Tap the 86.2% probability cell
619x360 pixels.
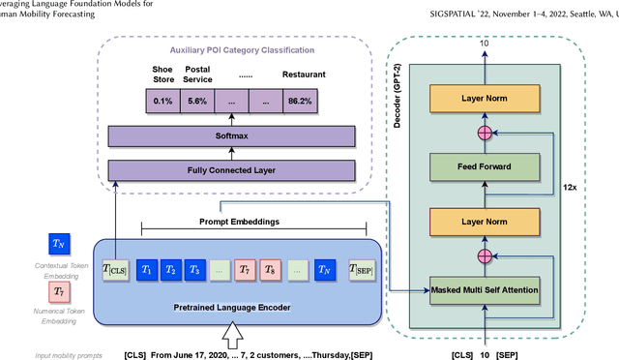point(304,100)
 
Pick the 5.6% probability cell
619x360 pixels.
point(197,100)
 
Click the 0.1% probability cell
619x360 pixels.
point(162,100)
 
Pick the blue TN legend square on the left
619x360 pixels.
point(60,243)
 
